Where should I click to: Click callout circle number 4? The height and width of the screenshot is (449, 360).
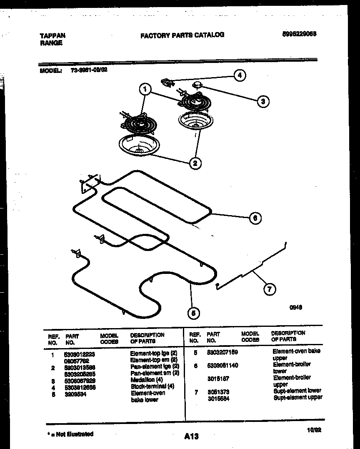click(x=239, y=75)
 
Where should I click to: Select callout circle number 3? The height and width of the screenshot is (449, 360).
click(x=262, y=101)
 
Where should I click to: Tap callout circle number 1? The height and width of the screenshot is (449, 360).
click(x=145, y=89)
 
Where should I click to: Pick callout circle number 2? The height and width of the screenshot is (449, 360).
click(x=195, y=163)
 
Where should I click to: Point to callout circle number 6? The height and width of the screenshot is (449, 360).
click(x=255, y=218)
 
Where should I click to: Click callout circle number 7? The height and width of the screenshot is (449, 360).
click(x=270, y=289)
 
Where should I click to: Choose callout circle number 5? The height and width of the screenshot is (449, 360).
click(x=192, y=313)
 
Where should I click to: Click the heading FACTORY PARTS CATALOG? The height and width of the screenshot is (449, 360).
click(x=182, y=35)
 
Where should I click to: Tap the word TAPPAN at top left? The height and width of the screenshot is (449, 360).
click(x=52, y=36)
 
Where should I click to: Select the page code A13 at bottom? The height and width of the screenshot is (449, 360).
click(x=191, y=436)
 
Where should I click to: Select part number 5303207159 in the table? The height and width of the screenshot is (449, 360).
click(x=222, y=352)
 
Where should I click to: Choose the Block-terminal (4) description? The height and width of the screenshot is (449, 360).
click(x=152, y=386)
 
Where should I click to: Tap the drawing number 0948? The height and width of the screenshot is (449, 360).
click(x=296, y=307)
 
